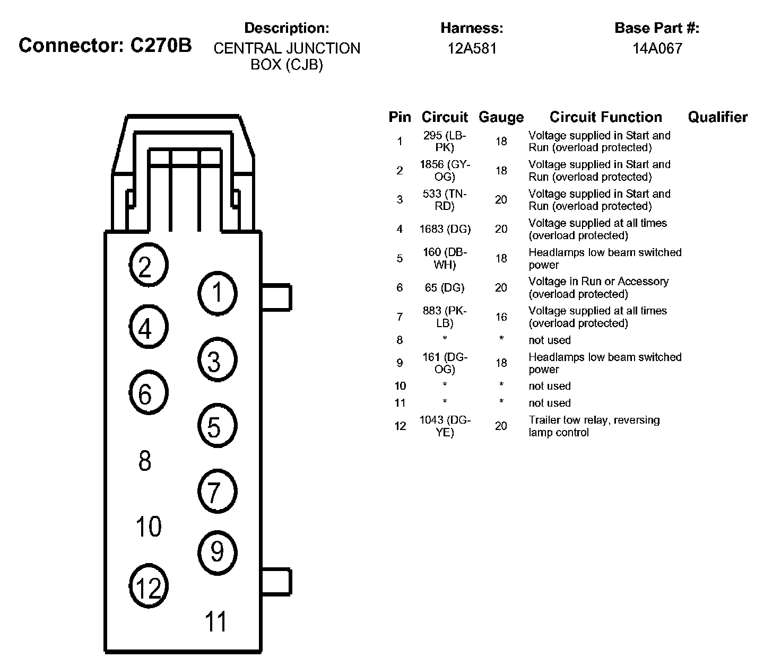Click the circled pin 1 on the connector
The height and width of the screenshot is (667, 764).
click(x=217, y=293)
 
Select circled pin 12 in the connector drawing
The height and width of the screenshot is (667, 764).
click(x=149, y=587)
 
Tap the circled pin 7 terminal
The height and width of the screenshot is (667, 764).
click(x=217, y=492)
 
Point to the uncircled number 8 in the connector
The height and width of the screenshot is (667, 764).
click(x=145, y=461)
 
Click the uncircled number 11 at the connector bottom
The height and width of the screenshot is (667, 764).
click(x=216, y=621)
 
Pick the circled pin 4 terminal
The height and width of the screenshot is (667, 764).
click(x=149, y=329)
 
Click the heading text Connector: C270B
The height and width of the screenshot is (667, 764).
click(x=105, y=46)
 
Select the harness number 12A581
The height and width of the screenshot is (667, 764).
click(x=472, y=49)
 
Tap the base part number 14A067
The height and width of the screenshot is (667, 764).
click(x=657, y=49)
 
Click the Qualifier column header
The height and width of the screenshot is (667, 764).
click(x=717, y=117)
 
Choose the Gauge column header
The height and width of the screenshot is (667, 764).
click(x=501, y=117)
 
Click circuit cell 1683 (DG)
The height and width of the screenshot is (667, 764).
click(x=445, y=230)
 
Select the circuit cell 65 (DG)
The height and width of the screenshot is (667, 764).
click(x=445, y=288)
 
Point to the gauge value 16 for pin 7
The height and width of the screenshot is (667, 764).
click(x=501, y=317)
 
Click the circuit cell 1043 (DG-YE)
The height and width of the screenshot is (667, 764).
click(x=445, y=426)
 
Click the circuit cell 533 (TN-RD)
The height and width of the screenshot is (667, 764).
click(x=445, y=200)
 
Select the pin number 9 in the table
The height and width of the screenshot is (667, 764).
click(x=400, y=363)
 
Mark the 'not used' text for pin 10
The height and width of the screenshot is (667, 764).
click(x=549, y=386)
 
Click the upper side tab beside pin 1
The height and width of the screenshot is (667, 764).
click(x=276, y=297)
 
